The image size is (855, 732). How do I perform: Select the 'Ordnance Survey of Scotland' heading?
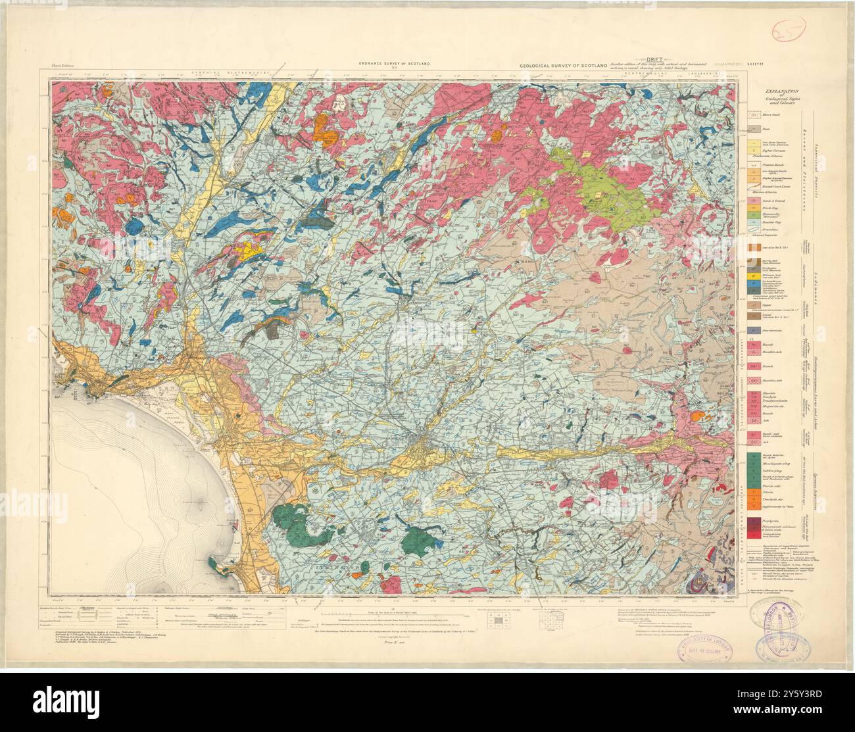394,63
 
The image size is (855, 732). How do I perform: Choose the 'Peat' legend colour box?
757,129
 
